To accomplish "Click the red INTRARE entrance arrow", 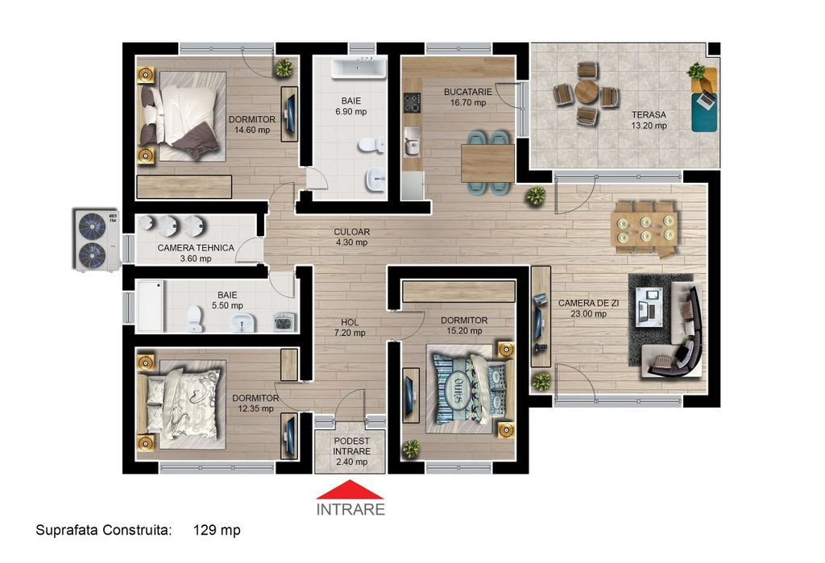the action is click(350, 490).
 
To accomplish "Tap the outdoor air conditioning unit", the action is click(96, 240).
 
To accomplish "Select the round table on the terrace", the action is click(585, 93).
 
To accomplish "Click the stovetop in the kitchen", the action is click(412, 102).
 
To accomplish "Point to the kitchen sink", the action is click(412, 141).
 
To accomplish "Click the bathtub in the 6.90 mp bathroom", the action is click(359, 69).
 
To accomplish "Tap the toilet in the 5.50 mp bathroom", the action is click(194, 318).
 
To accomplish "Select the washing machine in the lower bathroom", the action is click(284, 321).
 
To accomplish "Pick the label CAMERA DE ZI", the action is click(588, 303).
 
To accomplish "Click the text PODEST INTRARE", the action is click(351, 446).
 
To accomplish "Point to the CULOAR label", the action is click(351, 231).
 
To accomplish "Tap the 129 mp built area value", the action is click(217, 530).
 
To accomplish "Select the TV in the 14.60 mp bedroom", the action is click(289, 114).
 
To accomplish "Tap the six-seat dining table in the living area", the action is click(645, 229).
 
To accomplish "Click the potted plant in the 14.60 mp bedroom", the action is click(284, 68).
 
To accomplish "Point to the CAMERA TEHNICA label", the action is click(196, 248).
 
